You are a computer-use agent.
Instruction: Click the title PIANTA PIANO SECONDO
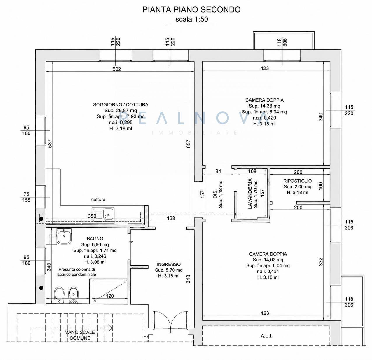(191, 10)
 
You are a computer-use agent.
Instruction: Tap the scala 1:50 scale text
(192, 19)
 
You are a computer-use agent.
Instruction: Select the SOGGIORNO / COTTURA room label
(120, 104)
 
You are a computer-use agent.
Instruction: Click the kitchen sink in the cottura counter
(103, 216)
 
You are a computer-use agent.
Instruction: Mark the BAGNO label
(95, 239)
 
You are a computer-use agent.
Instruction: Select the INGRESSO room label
(169, 264)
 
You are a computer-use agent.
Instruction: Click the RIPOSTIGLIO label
(297, 181)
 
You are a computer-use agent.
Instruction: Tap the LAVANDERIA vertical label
(250, 193)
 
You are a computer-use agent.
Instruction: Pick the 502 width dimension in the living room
(117, 69)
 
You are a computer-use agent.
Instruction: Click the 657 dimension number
(188, 144)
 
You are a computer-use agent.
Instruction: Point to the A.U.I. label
(266, 336)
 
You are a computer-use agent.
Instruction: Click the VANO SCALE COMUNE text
(80, 335)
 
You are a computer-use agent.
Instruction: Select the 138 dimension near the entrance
(171, 218)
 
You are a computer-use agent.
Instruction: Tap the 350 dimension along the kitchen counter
(92, 216)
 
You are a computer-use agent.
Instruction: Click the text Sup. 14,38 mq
(264, 106)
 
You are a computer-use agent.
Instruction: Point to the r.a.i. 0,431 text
(268, 271)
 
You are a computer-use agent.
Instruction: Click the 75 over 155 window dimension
(26, 197)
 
